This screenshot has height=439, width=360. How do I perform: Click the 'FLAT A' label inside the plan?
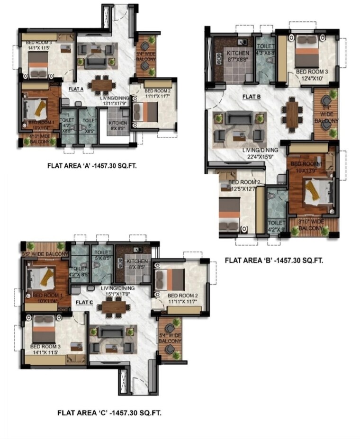[76, 89]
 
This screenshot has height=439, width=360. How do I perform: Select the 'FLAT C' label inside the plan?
[84, 300]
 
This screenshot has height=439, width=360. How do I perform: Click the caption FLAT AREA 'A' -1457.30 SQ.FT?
[95, 166]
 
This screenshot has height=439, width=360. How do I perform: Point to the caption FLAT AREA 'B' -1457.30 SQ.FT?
[274, 260]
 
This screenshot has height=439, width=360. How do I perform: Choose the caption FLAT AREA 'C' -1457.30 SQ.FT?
[109, 412]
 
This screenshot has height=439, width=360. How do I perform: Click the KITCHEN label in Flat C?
[137, 261]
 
